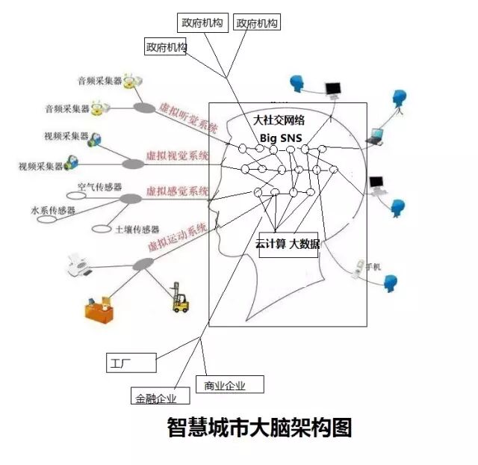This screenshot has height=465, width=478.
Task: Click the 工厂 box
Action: pyautogui.click(x=131, y=363)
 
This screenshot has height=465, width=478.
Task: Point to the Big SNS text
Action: pyautogui.click(x=280, y=138)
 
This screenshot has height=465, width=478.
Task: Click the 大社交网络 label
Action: pyautogui.click(x=279, y=120)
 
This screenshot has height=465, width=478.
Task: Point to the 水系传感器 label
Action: pyautogui.click(x=53, y=211)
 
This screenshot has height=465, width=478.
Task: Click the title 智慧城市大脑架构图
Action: pyautogui.click(x=258, y=428)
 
